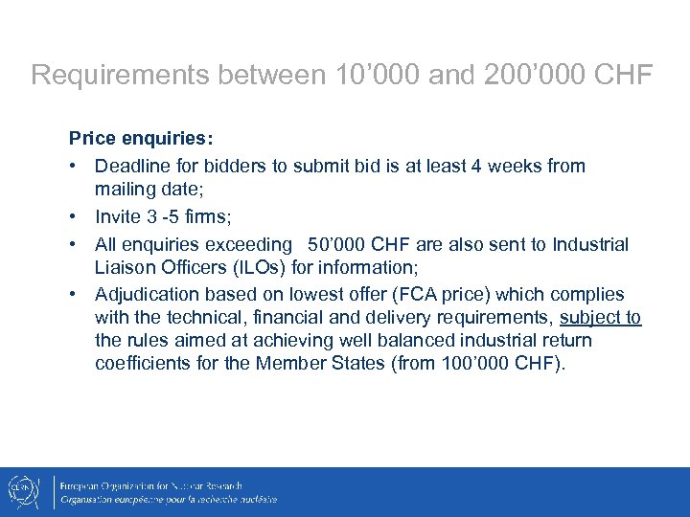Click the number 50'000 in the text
coord(337,245)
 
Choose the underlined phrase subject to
coord(600,318)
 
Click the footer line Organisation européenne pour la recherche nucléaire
coord(169,499)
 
